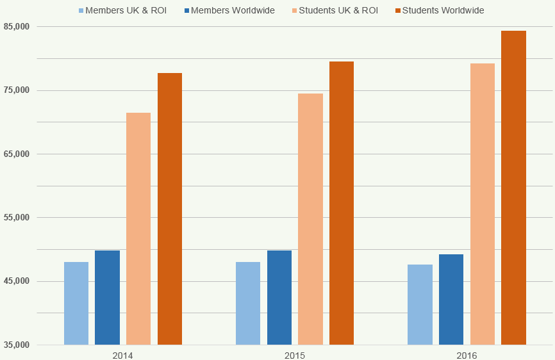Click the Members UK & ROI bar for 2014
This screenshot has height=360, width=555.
coord(76,303)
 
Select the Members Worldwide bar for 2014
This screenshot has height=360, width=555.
coord(107,297)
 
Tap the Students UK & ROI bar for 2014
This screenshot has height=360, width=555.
coord(138,229)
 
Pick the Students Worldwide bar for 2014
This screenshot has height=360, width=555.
coord(170,209)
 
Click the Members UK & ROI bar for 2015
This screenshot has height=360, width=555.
coord(248,303)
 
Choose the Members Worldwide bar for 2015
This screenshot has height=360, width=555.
coord(279,297)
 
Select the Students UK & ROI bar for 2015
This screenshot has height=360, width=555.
coord(310,219)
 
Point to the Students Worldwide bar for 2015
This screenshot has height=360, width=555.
coord(342,203)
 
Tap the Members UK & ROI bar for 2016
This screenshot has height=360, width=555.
coord(420,304)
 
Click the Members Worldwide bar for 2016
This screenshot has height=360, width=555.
coord(451,299)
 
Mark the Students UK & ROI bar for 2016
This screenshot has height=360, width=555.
coord(483,204)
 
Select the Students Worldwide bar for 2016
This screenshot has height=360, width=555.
coord(513,188)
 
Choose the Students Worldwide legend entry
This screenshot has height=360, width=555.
coord(443,11)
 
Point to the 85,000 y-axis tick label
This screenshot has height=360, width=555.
coord(17,26)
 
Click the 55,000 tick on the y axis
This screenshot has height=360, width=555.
coord(17,218)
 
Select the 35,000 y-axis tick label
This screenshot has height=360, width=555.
coord(17,345)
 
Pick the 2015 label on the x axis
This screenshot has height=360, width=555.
coord(295,354)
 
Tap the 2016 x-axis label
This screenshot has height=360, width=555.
coord(467,354)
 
